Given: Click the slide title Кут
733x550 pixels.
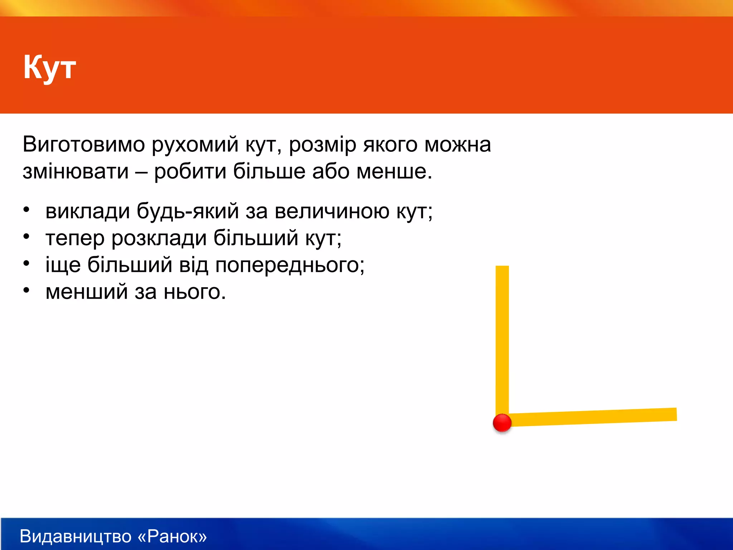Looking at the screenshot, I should (49, 67).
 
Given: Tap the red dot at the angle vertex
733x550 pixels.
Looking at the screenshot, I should (502, 423).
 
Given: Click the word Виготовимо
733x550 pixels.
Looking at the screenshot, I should (84, 145).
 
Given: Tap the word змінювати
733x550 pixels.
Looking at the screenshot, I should (76, 172).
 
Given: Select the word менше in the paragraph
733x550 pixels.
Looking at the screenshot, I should (394, 172).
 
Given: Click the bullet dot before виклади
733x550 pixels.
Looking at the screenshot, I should (26, 210).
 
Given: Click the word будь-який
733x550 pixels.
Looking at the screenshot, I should (188, 211).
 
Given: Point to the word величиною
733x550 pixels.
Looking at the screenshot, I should (332, 211).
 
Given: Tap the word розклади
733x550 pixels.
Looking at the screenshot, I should (159, 238).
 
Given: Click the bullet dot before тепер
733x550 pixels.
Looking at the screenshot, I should (26, 237).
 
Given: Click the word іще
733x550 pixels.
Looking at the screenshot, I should (63, 265).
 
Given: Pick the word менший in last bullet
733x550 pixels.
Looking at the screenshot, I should (87, 291).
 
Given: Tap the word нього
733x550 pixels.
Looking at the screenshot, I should (195, 292).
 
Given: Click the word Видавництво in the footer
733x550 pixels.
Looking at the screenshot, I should (76, 536).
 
